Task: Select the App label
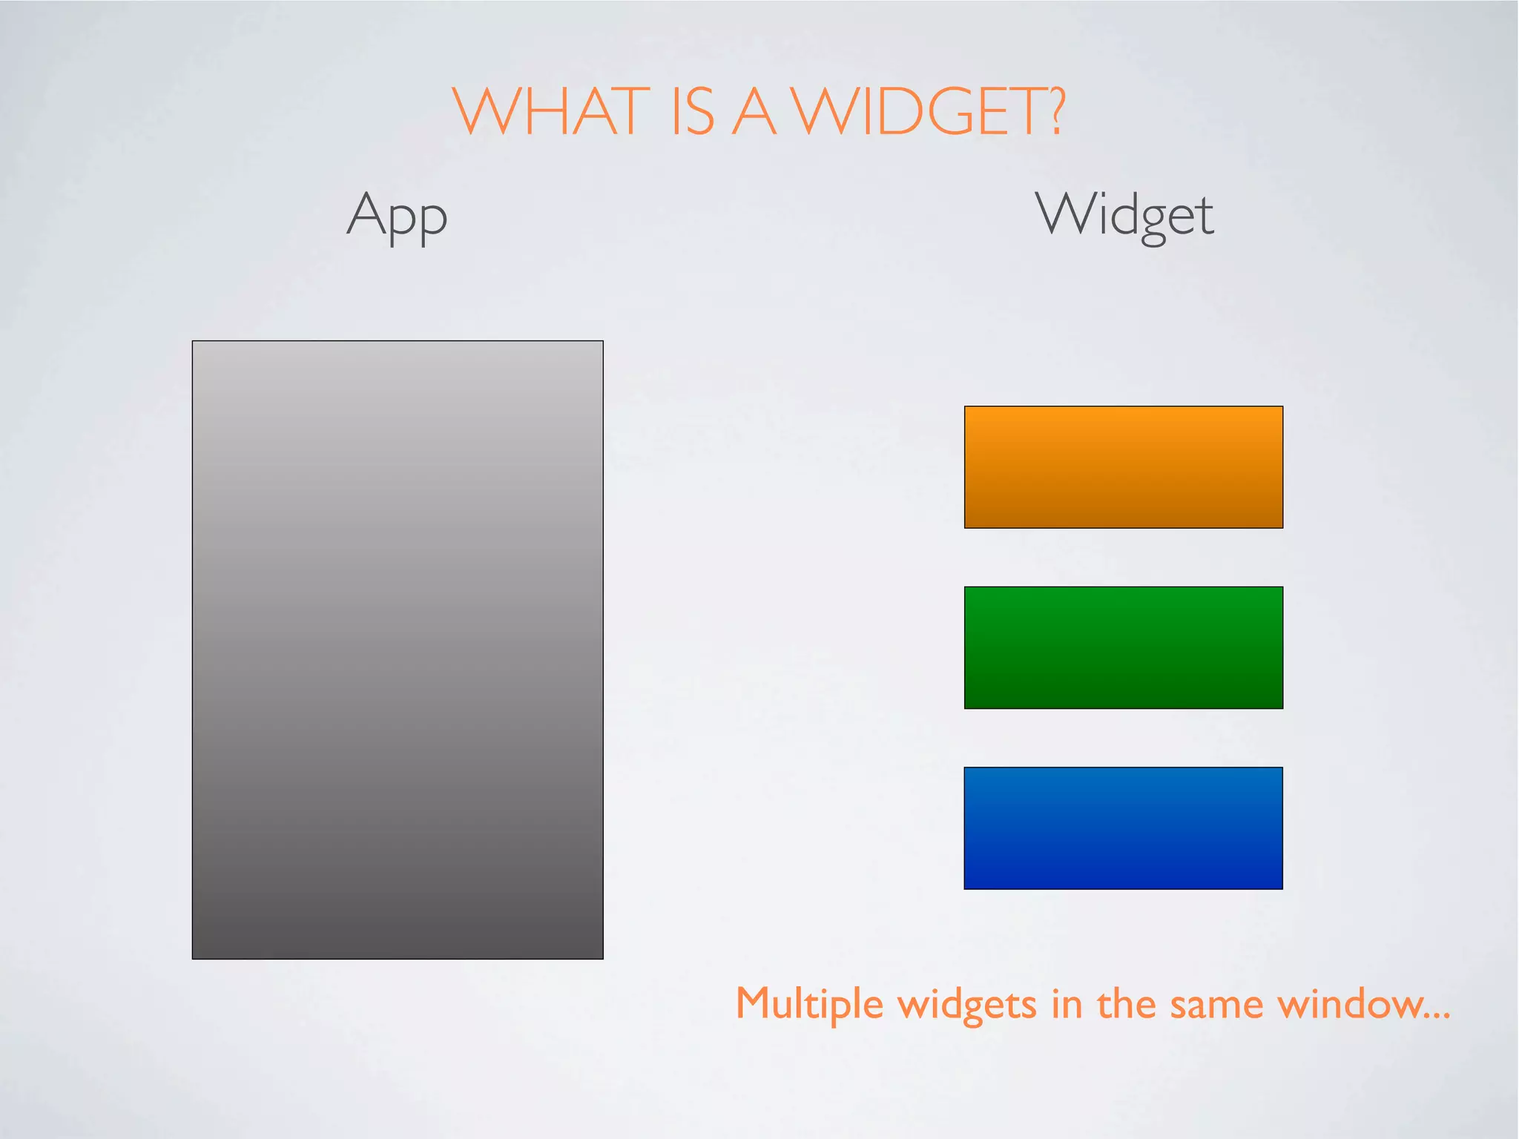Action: [397, 215]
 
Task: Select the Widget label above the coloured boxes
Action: [1124, 215]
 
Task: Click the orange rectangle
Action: [1123, 466]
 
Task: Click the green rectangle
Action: [1123, 647]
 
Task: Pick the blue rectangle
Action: [1123, 828]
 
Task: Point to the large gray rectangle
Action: [398, 650]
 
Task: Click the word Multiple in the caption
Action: [809, 1005]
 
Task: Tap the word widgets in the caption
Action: [967, 1005]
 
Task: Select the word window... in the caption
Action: [1363, 1005]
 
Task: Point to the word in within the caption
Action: [1067, 1005]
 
